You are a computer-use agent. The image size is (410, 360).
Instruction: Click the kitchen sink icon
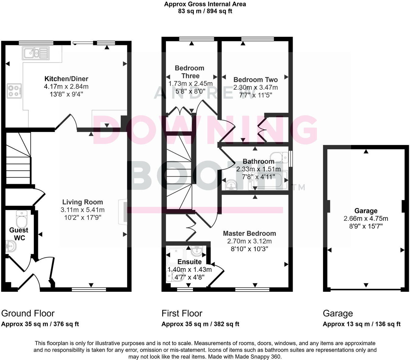click(x=36, y=53)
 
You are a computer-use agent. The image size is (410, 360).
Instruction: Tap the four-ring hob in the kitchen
click(x=14, y=91)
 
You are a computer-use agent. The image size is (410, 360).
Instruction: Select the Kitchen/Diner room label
click(x=66, y=79)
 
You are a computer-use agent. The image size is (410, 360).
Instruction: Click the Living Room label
click(x=82, y=202)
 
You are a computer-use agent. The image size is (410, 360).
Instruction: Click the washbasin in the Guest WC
click(x=11, y=246)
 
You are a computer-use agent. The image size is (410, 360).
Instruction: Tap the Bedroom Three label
click(x=190, y=72)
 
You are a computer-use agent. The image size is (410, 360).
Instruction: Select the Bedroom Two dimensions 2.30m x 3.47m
click(x=255, y=88)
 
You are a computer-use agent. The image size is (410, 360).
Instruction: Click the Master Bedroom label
click(x=250, y=234)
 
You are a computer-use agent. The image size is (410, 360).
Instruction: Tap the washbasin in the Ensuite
click(x=197, y=251)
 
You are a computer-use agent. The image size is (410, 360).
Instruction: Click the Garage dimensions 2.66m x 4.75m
click(x=366, y=219)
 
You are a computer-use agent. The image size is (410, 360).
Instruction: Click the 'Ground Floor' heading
click(x=28, y=313)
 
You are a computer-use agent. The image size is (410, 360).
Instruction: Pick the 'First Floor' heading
click(x=182, y=313)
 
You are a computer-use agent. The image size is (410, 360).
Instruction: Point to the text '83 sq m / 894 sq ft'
click(x=205, y=11)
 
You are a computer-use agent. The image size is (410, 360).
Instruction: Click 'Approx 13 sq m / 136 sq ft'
click(x=361, y=324)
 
